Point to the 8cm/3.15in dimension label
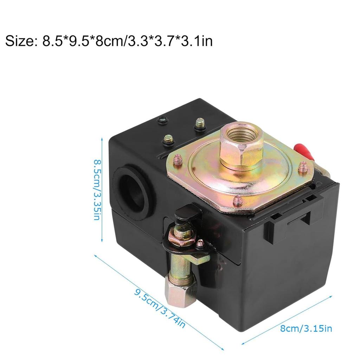[x=306, y=329]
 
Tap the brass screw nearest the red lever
[x=303, y=167]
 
